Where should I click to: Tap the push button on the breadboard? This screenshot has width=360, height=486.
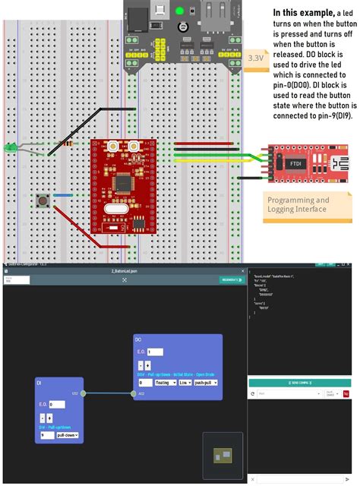tap(43, 201)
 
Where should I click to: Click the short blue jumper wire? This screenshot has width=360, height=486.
tap(62, 195)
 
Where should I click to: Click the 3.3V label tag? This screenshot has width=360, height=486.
tap(255, 57)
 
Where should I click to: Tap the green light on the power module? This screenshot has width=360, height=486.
tap(179, 11)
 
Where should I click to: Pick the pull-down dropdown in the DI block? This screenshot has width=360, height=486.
tap(65, 435)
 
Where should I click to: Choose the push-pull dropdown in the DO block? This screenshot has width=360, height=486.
tap(205, 383)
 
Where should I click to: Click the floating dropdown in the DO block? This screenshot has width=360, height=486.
tap(164, 383)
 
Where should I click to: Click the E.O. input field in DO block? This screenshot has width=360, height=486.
tap(154, 352)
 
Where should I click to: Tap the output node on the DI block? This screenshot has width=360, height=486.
tap(84, 393)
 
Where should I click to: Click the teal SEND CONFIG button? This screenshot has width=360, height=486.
tap(299, 383)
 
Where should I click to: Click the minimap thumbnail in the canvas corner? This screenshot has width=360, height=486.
tap(222, 456)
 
